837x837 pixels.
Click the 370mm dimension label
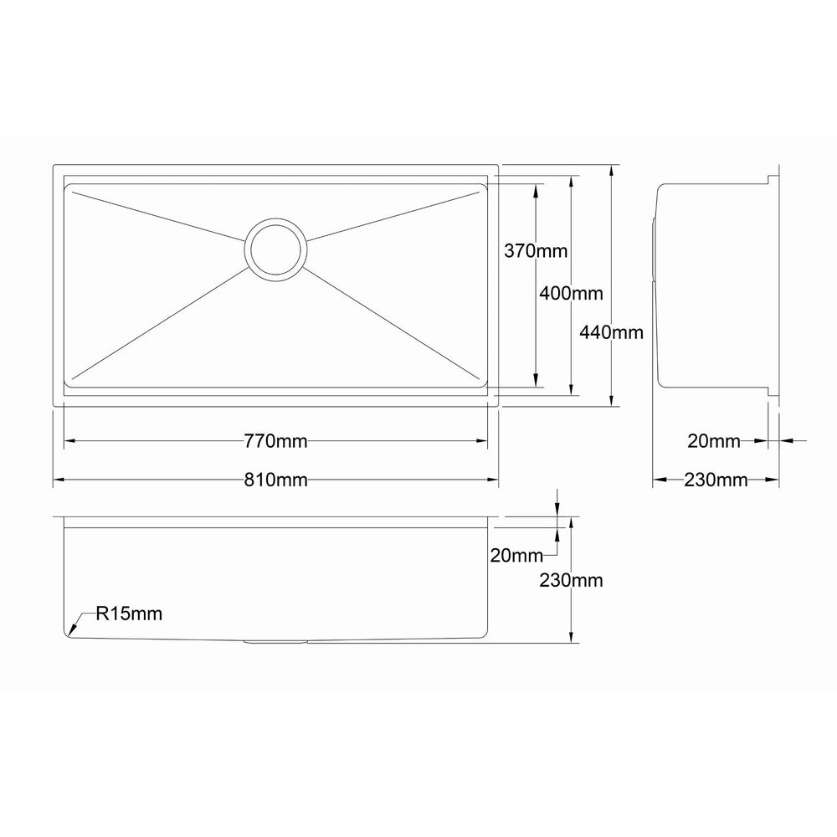tap(536, 250)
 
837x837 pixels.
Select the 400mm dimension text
tap(571, 293)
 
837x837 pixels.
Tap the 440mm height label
tap(611, 332)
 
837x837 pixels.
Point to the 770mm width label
tap(275, 441)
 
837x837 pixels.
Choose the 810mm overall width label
tap(275, 480)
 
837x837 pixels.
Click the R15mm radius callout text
tap(129, 614)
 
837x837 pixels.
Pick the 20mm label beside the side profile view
tap(714, 441)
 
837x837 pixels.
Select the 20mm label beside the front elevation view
tap(516, 556)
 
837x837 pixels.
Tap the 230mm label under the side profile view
tap(716, 480)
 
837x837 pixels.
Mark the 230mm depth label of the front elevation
tap(571, 580)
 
